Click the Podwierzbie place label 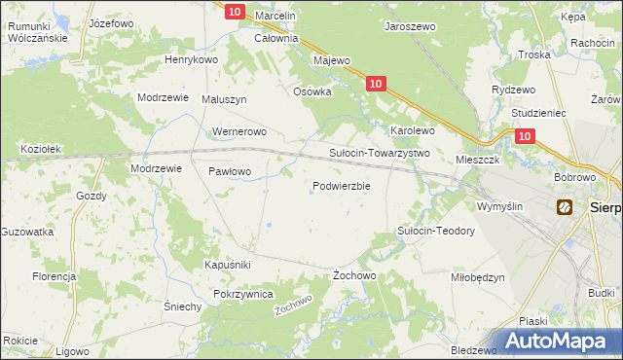(341, 186)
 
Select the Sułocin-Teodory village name (436, 231)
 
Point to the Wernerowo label (238, 131)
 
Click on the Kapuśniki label (228, 265)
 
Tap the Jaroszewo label (410, 29)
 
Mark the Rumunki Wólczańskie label (36, 32)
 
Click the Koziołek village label (41, 149)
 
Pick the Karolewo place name (412, 129)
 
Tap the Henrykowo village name (190, 59)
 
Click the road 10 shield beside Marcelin (234, 11)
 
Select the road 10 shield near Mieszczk (525, 138)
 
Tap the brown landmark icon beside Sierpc (565, 207)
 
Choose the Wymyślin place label (499, 206)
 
